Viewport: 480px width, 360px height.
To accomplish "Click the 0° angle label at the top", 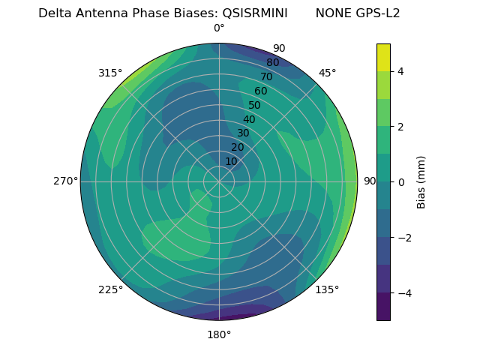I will pyautogui.click(x=219, y=28).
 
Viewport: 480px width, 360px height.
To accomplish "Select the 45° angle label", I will pyautogui.click(x=327, y=73).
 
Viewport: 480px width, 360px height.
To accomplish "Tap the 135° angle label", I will pyautogui.click(x=327, y=289).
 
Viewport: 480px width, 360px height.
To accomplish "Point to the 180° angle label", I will pyautogui.click(x=219, y=334).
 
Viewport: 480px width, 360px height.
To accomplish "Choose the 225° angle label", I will pyautogui.click(x=110, y=289).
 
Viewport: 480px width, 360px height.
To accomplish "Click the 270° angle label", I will pyautogui.click(x=65, y=181).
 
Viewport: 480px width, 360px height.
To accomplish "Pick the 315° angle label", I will pyautogui.click(x=110, y=73).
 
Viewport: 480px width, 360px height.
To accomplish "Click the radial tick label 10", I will pyautogui.click(x=231, y=162).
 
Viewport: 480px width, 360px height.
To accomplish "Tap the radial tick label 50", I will pyautogui.click(x=254, y=106).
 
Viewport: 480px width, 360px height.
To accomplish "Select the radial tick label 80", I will pyautogui.click(x=272, y=63).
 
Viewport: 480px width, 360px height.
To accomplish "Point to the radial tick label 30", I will pyautogui.click(x=243, y=133).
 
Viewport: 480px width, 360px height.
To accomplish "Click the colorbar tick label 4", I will pyautogui.click(x=400, y=71).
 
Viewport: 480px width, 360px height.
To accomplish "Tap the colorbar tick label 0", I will pyautogui.click(x=400, y=182).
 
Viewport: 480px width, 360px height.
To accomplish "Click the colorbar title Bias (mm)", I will pyautogui.click(x=421, y=182).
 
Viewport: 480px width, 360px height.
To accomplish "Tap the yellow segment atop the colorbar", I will pyautogui.click(x=383, y=57).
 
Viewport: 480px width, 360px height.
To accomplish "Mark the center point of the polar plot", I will pyautogui.click(x=219, y=181).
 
